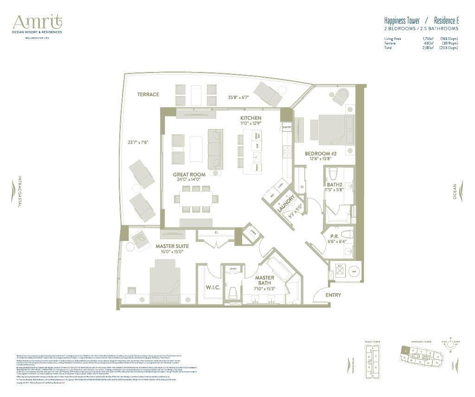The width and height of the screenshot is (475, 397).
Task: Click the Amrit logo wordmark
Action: [37, 22]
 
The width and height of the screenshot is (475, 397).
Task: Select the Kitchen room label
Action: [250, 118]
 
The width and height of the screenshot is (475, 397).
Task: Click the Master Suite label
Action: [172, 246]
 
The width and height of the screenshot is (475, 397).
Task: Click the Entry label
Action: [333, 295]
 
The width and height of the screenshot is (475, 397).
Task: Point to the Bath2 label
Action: [334, 184]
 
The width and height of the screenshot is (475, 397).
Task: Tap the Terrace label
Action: [148, 94]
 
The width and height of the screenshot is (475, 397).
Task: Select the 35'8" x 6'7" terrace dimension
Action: [239, 98]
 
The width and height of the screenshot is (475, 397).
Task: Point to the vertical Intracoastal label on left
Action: [19, 191]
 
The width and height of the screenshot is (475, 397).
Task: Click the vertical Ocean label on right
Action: [455, 191]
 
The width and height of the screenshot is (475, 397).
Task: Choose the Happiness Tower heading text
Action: [402, 21]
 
